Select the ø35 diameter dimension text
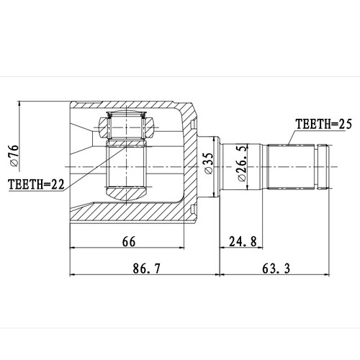click(x=208, y=165)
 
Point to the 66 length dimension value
click(x=129, y=243)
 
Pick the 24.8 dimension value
click(x=244, y=243)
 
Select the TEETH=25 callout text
click(x=322, y=125)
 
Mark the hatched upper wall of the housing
click(x=130, y=106)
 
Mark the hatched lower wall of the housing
click(x=130, y=215)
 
